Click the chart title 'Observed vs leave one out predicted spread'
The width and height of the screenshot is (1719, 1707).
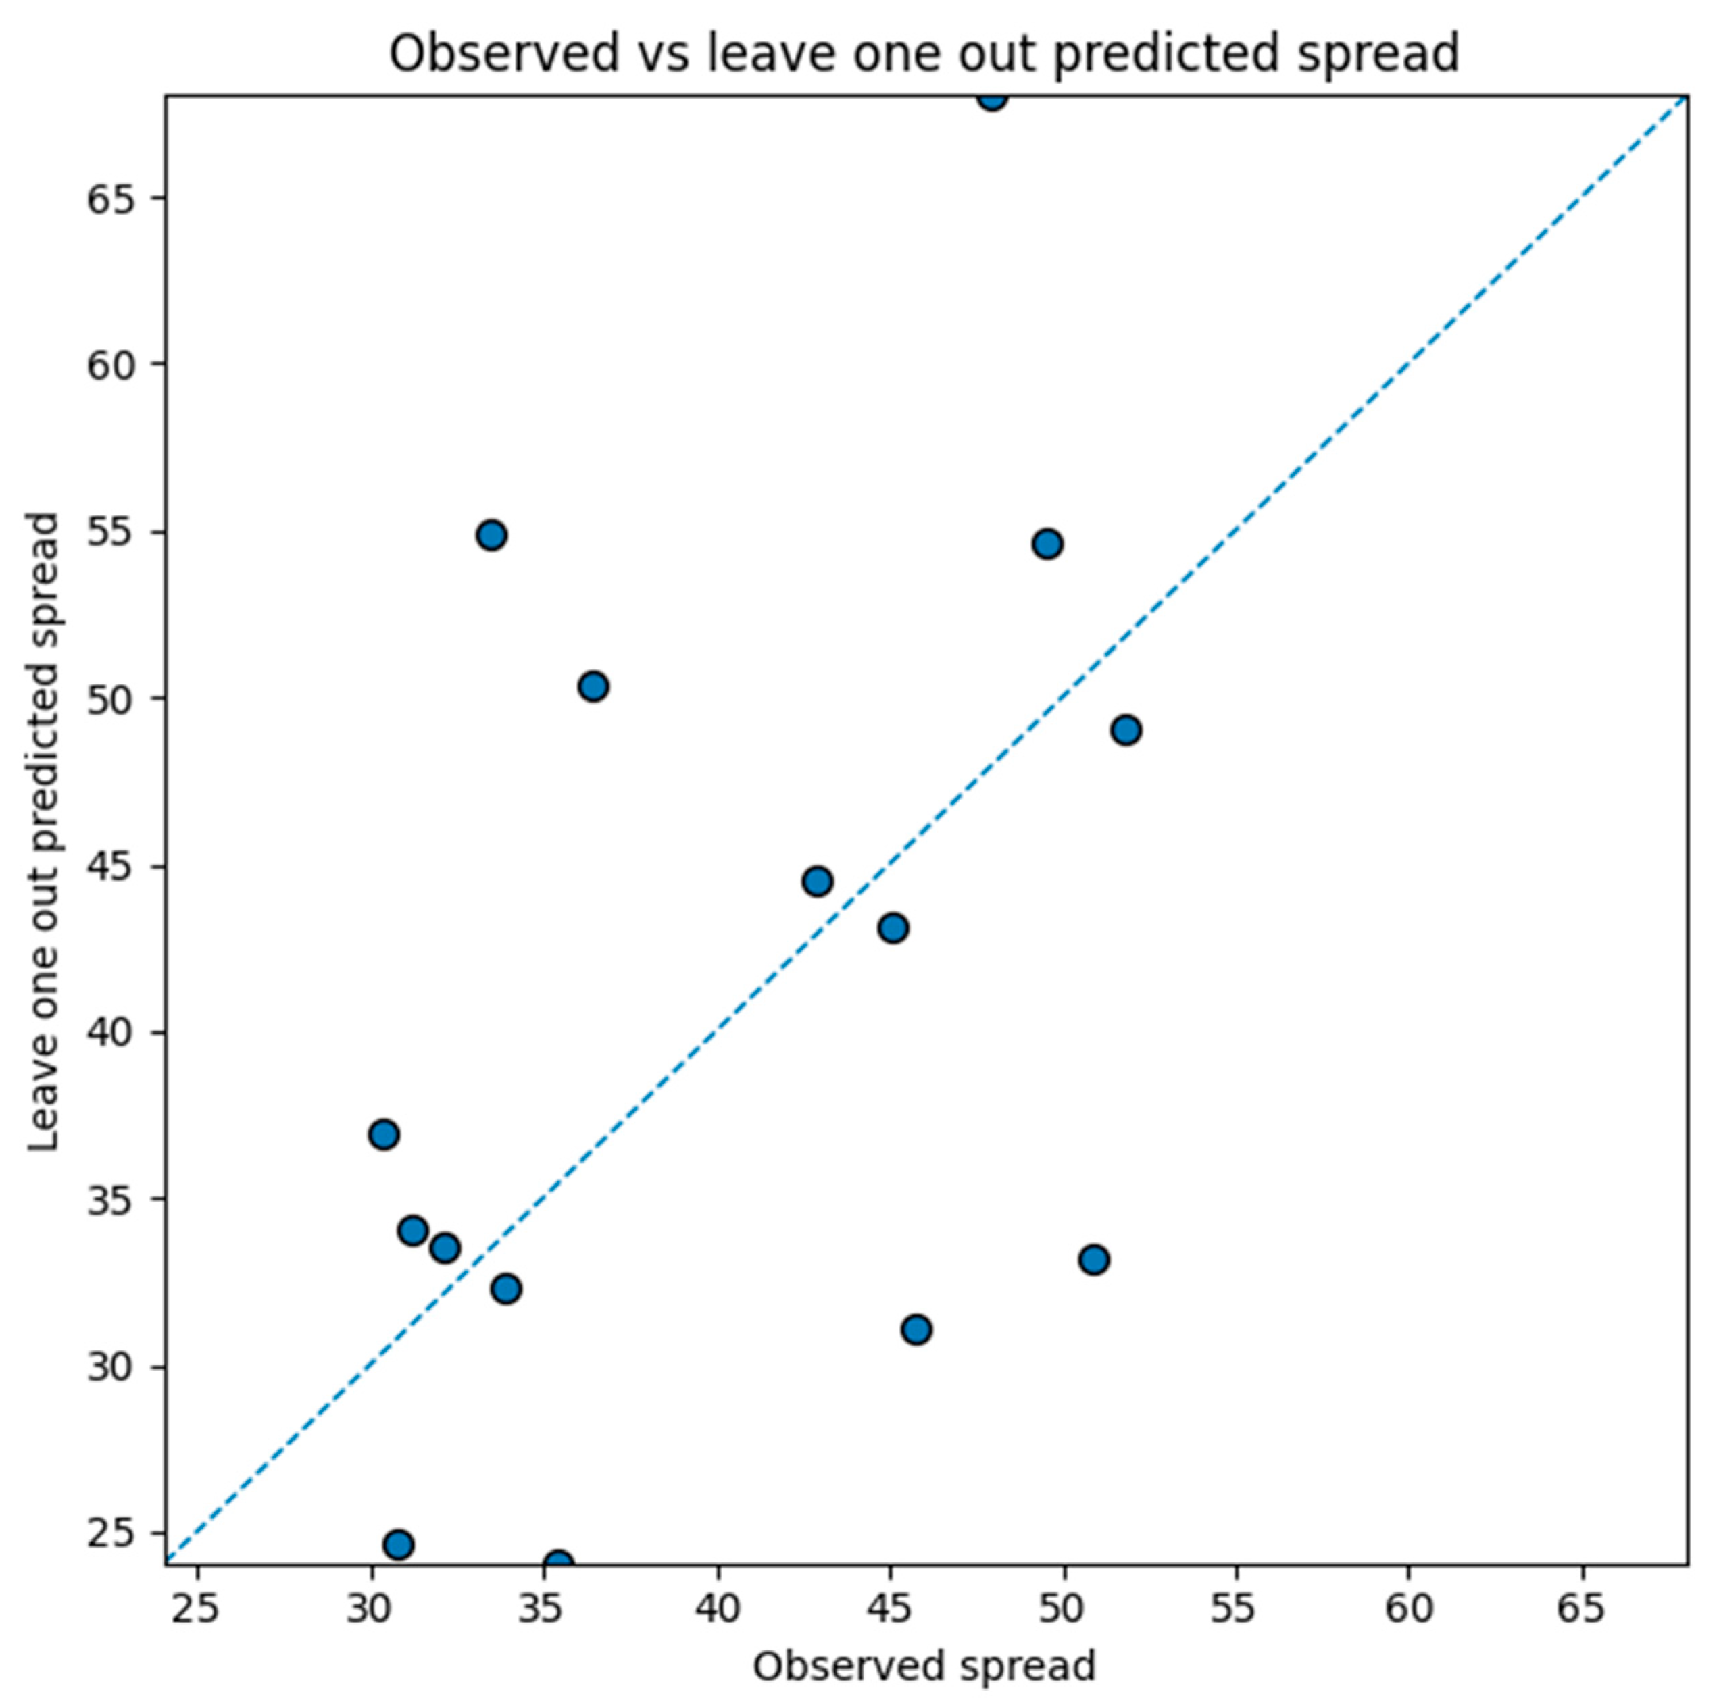[924, 53]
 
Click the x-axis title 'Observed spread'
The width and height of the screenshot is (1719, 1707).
[924, 1666]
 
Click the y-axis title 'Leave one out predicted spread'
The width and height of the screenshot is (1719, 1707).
[43, 831]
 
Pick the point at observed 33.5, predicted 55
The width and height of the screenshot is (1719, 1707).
[491, 536]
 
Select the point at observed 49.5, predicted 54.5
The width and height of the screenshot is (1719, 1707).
[1047, 544]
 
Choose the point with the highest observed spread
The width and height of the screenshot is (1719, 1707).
[1126, 730]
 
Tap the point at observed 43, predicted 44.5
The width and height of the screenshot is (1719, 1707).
[817, 882]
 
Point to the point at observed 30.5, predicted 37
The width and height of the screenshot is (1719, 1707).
[384, 1134]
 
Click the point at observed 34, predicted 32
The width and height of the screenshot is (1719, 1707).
[505, 1289]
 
